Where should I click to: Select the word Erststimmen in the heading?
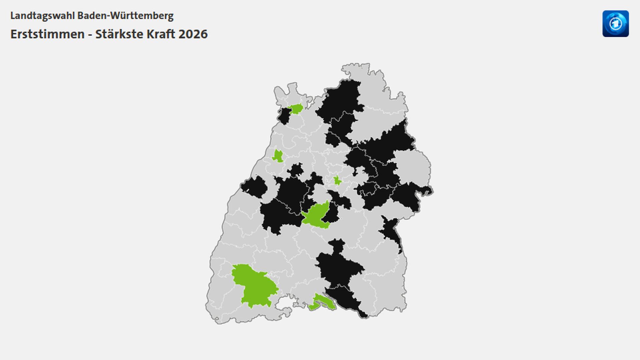(47, 34)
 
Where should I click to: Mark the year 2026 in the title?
(193, 34)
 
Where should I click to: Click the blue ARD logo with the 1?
(615, 24)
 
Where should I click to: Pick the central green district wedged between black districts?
(316, 216)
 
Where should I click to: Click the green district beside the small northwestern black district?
(296, 109)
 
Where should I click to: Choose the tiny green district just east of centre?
(337, 181)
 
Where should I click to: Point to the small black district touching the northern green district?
(284, 116)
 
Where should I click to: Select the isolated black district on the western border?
(255, 187)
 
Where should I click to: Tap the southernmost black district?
(347, 300)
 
